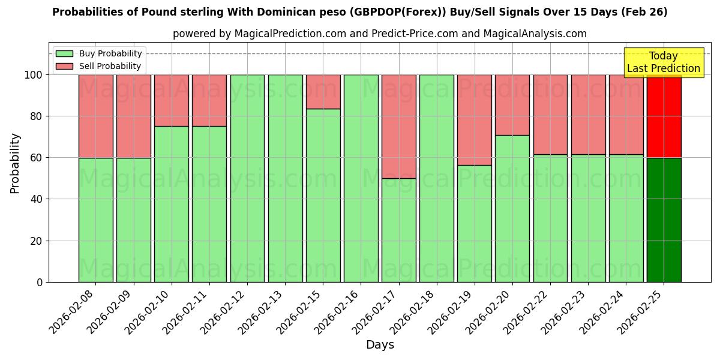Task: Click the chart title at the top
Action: point(359,12)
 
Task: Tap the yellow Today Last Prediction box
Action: point(663,62)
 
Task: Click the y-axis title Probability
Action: point(15,163)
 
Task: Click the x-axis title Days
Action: point(380,345)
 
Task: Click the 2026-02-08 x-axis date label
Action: point(74,309)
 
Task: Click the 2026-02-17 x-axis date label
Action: point(377,309)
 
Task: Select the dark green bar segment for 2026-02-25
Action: point(664,220)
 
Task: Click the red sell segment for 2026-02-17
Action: point(399,126)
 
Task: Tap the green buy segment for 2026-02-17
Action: point(399,230)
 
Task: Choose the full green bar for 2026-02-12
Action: point(247,178)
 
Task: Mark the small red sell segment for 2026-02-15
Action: point(323,92)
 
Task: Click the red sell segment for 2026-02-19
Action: point(475,120)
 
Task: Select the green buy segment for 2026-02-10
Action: point(172,204)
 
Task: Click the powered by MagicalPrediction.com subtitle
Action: point(380,34)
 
